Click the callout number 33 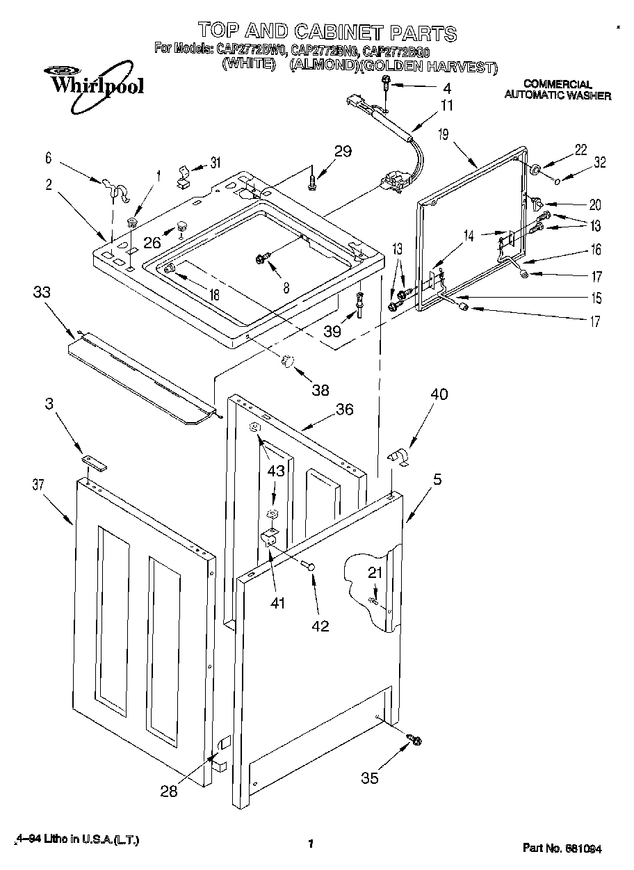tap(42, 293)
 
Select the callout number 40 tap(438, 394)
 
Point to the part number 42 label tap(320, 625)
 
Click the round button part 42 tap(311, 567)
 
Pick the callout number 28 tap(169, 790)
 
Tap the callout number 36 tap(344, 410)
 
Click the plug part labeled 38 tap(288, 362)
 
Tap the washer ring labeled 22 tap(537, 171)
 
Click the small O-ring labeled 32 tap(558, 180)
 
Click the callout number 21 tap(375, 573)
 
